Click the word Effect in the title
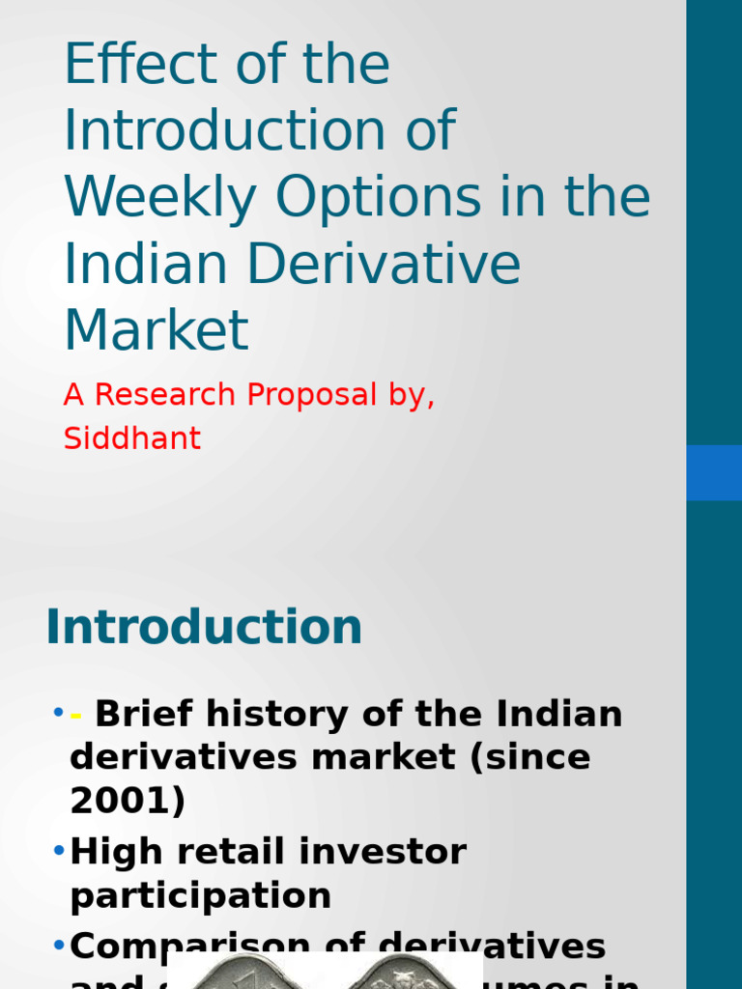128,66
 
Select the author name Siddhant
131,438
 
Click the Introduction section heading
204,628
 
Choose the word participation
200,896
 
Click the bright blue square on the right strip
714,472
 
